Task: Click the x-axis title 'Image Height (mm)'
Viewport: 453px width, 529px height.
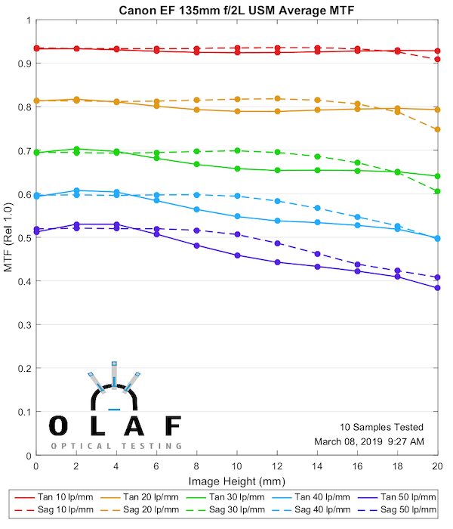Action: pos(236,480)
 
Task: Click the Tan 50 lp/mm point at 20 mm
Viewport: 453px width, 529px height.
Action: pos(437,288)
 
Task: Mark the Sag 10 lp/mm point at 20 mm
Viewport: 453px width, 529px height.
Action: pos(437,59)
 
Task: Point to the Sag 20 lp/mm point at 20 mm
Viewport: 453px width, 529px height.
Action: pos(437,129)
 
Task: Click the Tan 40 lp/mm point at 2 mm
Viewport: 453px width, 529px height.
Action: pos(76,190)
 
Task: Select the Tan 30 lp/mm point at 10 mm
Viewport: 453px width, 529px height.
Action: pos(237,169)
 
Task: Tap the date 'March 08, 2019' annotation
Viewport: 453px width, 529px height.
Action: pos(344,441)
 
